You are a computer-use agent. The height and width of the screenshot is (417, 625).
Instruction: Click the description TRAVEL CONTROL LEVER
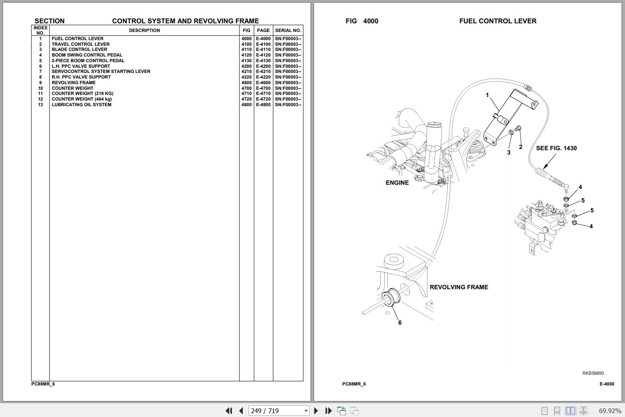tap(81, 44)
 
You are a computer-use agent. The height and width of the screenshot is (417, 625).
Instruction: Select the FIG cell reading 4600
tap(246, 83)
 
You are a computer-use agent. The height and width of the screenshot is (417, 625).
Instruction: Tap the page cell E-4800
tap(264, 105)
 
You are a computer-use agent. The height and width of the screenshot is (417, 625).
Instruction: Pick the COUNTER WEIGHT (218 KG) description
tap(82, 94)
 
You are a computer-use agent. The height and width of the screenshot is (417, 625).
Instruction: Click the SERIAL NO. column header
tap(288, 31)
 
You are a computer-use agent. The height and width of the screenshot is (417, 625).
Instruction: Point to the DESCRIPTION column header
tap(144, 31)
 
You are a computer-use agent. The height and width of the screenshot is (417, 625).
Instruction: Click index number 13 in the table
tap(41, 105)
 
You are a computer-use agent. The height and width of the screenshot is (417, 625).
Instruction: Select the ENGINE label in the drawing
tap(397, 183)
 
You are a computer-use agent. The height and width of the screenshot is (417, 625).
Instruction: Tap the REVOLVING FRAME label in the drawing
tap(459, 287)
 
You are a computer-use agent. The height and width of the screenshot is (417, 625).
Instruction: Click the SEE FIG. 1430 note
tap(556, 148)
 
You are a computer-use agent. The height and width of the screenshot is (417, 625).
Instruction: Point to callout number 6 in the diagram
tap(400, 322)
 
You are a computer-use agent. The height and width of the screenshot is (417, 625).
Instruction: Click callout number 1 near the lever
tap(487, 95)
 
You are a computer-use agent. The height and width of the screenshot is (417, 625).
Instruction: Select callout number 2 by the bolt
tap(520, 147)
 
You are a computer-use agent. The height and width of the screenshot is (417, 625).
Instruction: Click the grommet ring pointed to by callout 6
tap(390, 298)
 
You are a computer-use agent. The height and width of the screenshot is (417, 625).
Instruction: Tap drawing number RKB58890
tap(593, 373)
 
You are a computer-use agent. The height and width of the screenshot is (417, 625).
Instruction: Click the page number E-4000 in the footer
tap(607, 384)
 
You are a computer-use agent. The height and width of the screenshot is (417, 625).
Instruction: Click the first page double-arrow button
tap(229, 411)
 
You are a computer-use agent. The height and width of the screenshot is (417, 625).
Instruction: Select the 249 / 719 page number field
tap(279, 411)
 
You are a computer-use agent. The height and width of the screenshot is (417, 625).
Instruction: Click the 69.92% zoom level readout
tap(610, 411)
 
